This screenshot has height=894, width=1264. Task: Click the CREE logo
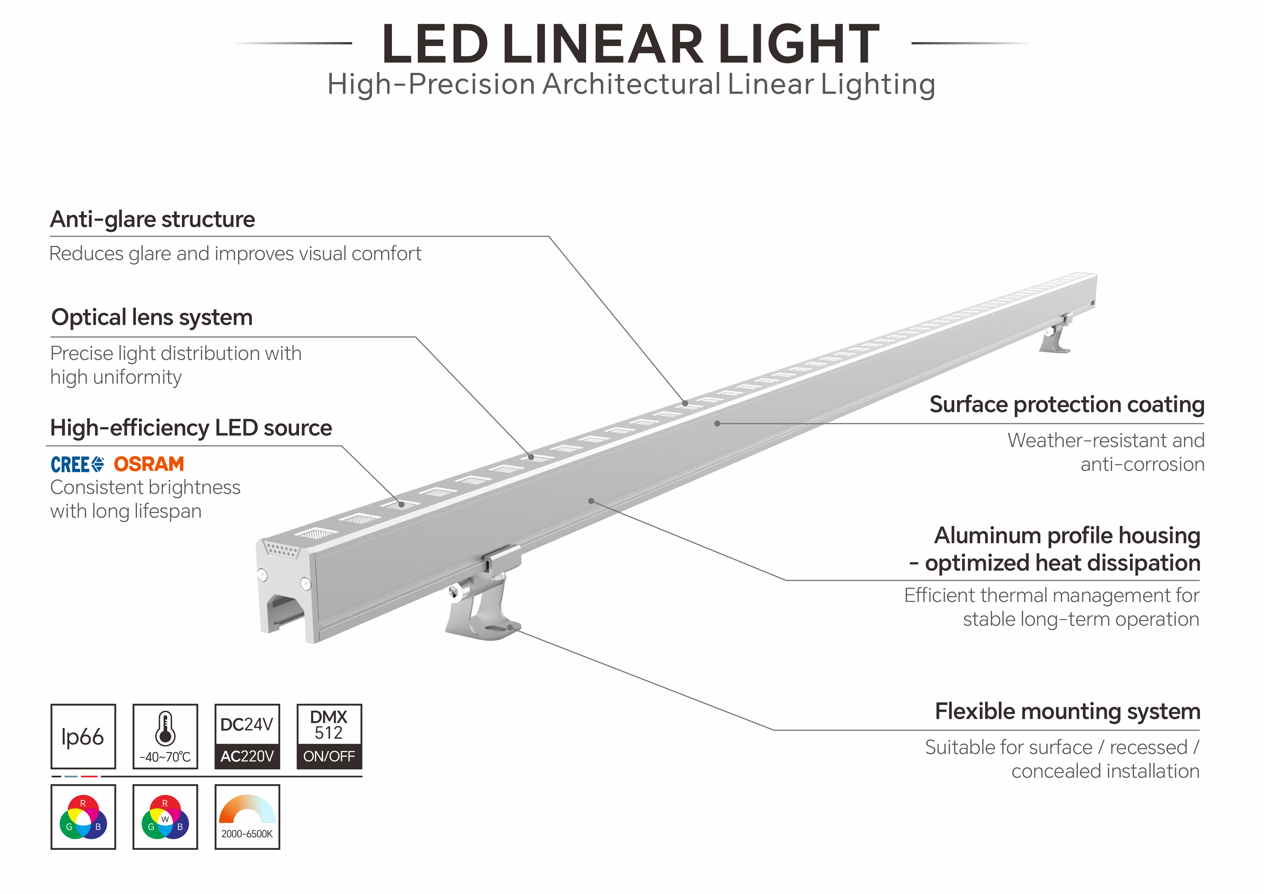pos(77,465)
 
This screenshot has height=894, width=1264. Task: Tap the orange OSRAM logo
pos(149,464)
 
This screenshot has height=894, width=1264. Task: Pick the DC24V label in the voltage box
pos(247,724)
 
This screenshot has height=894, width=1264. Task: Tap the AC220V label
pos(247,756)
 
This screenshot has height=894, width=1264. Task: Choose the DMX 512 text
pos(329,724)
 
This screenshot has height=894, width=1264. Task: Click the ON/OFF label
pos(329,756)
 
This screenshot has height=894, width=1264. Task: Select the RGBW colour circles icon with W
pos(165,817)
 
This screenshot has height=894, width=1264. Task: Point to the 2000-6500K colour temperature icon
pos(247,817)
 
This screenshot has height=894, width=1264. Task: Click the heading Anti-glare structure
pos(152,219)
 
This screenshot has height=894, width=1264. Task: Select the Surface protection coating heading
pos(1066,404)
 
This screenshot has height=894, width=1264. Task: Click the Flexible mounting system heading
pos(1067,711)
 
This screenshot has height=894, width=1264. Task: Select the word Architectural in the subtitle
pos(631,85)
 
